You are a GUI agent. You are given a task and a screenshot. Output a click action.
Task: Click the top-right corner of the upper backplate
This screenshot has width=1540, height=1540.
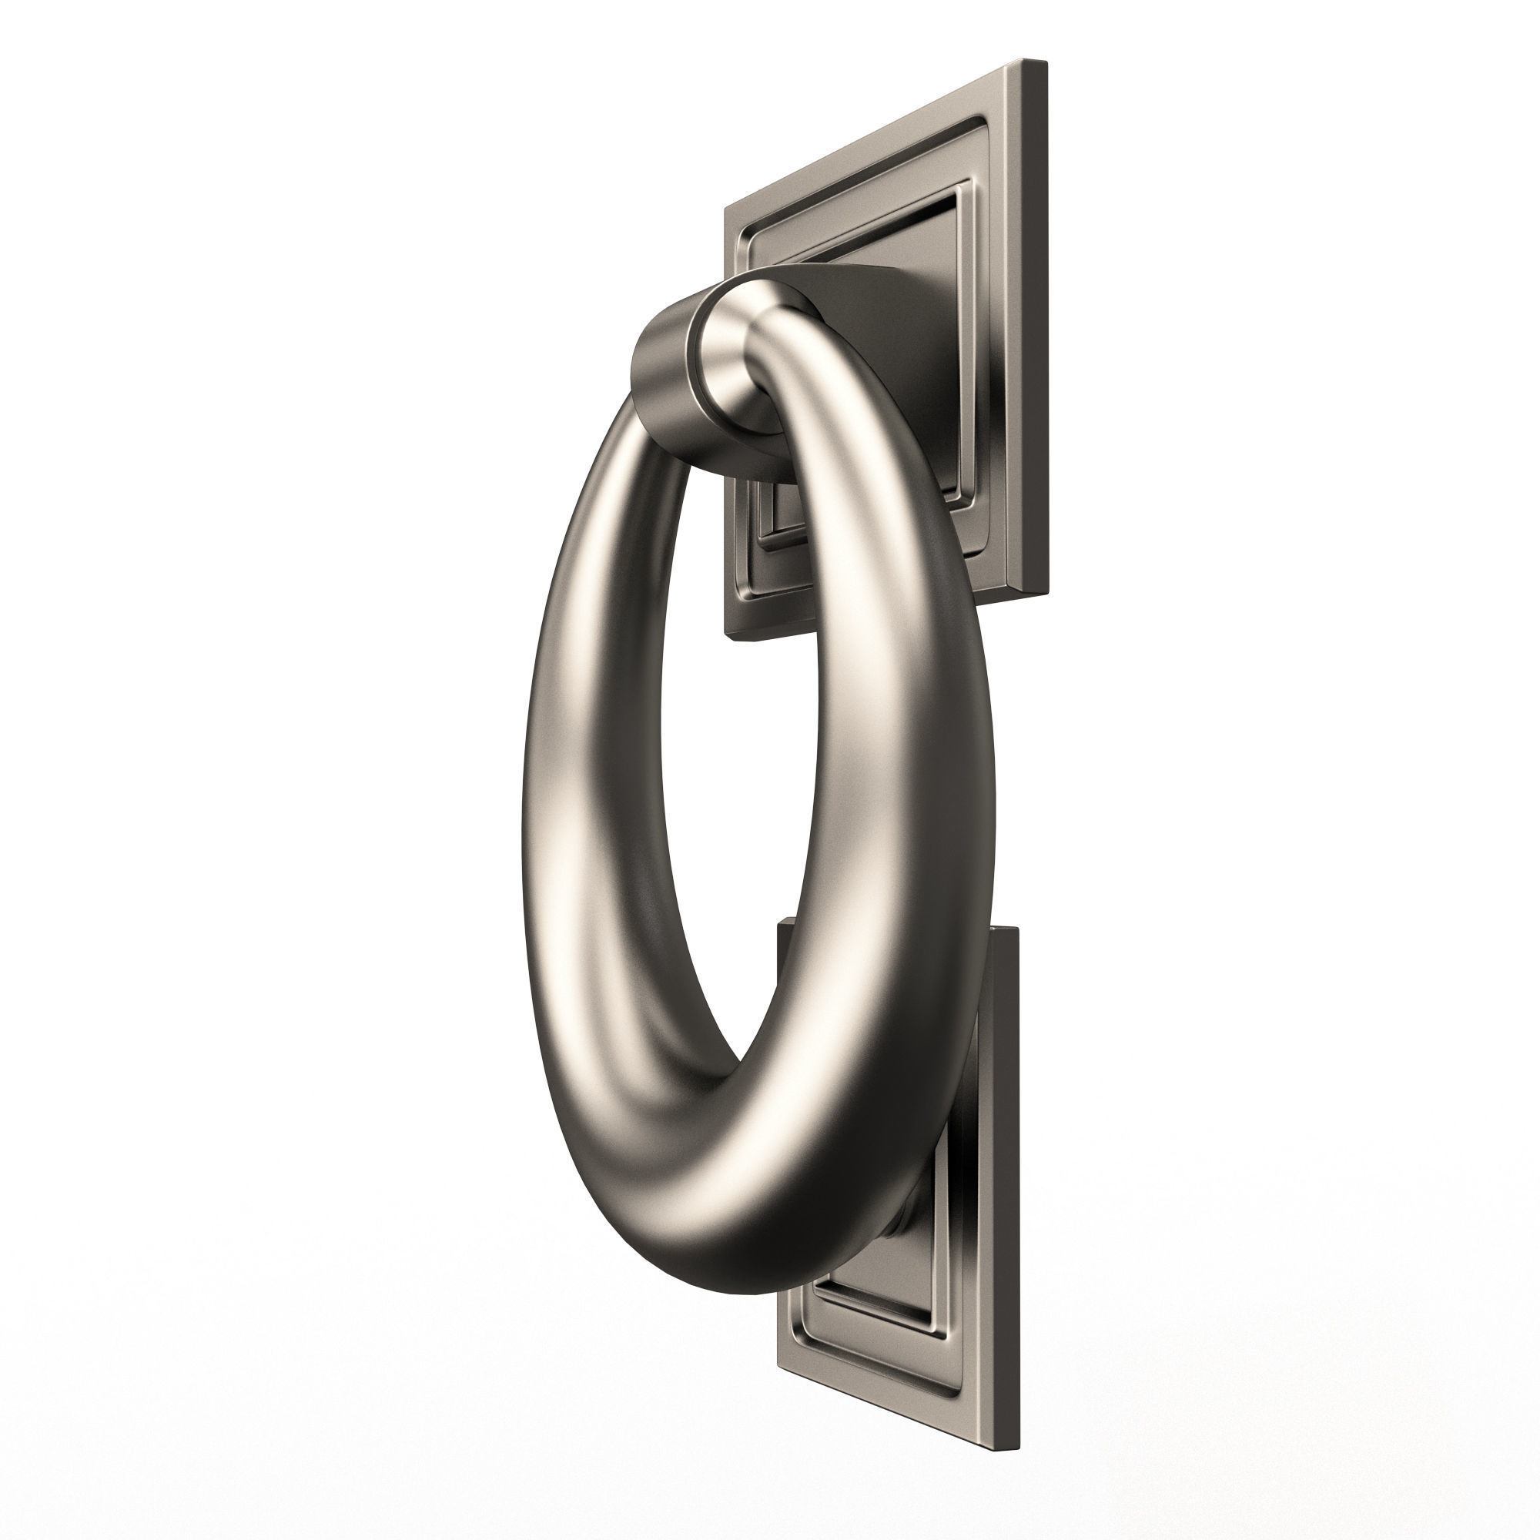click(x=1043, y=61)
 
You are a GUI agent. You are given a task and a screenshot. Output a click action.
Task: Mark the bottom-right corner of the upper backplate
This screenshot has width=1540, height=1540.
click(x=1043, y=592)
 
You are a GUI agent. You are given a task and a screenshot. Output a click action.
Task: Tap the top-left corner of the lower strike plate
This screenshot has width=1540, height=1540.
click(x=779, y=922)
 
